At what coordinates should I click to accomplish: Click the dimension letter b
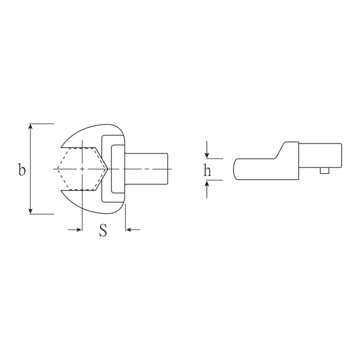tap(22, 169)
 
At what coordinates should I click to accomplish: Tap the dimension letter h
tap(207, 169)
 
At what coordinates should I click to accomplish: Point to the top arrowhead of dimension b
tap(30, 126)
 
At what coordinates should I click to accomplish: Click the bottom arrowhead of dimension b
tap(30, 211)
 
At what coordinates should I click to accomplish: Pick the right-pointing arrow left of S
tap(75, 229)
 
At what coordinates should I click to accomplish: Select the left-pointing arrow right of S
tap(133, 229)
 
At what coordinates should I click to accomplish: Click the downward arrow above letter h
tap(207, 149)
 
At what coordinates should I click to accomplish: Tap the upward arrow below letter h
tap(207, 189)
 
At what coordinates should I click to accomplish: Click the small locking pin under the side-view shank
tap(324, 170)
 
